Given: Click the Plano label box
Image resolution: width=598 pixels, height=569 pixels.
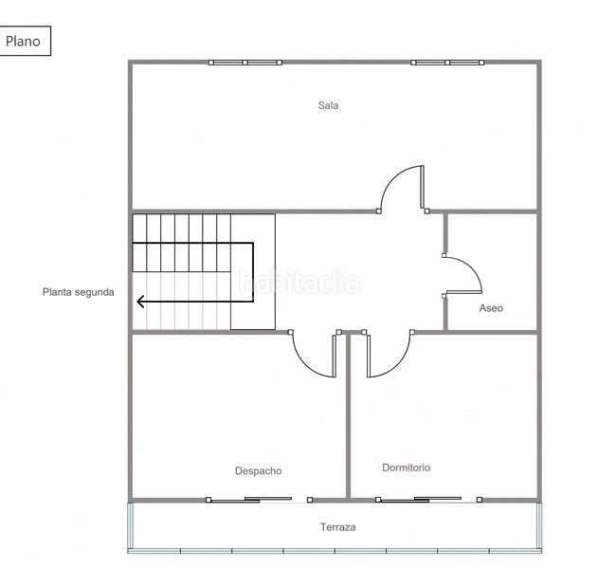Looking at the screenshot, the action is pyautogui.click(x=25, y=41).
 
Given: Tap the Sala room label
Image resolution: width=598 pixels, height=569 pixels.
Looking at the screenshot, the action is pyautogui.click(x=328, y=105).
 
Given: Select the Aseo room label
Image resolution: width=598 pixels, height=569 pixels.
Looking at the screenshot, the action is pyautogui.click(x=491, y=308).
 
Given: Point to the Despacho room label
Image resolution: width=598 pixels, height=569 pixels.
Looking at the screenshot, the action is pyautogui.click(x=258, y=471).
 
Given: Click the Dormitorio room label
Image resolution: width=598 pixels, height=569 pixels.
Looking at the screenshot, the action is pyautogui.click(x=407, y=468).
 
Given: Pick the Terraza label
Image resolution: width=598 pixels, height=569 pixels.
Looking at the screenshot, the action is pyautogui.click(x=338, y=527).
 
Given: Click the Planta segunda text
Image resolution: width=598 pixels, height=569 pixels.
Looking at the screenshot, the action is pyautogui.click(x=78, y=292).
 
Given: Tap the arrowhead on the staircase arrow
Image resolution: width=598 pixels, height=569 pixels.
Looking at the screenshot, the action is pyautogui.click(x=140, y=302).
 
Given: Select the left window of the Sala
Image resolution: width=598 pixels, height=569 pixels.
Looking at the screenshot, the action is pyautogui.click(x=245, y=63).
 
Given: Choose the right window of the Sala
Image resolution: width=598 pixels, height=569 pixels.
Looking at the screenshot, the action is pyautogui.click(x=447, y=63).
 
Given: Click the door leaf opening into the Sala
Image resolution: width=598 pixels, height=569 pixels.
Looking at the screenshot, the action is pyautogui.click(x=422, y=187).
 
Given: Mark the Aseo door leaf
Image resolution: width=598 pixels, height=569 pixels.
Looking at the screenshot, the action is pyautogui.click(x=463, y=292).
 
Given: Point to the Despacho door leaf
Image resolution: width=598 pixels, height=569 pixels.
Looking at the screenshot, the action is pyautogui.click(x=335, y=356).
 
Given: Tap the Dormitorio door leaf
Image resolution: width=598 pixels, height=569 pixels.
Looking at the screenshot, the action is pyautogui.click(x=369, y=356).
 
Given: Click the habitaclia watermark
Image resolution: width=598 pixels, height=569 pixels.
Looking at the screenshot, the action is pyautogui.click(x=299, y=282).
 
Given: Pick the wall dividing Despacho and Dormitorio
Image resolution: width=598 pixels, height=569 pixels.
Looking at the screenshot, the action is pyautogui.click(x=348, y=416).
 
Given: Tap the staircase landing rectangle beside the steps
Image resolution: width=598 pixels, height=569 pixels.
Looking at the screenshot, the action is pyautogui.click(x=253, y=272).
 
